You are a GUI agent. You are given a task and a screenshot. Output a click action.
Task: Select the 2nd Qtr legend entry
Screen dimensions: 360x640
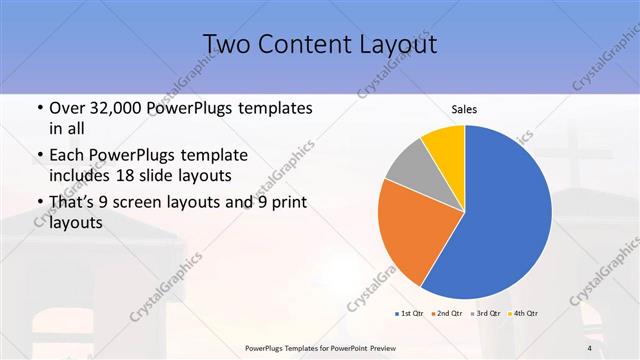[446, 313]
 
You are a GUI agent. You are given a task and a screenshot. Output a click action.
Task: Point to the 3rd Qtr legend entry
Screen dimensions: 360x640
[485, 313]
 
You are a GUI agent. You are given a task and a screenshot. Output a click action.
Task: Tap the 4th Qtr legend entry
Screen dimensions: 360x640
[523, 313]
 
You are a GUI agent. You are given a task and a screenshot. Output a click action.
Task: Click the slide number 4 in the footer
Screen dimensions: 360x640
[590, 347]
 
